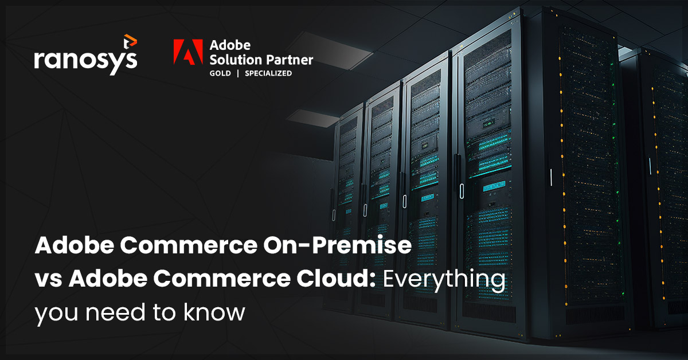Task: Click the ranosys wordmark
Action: [x=85, y=59]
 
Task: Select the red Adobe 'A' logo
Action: [x=186, y=58]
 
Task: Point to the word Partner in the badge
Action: [x=290, y=59]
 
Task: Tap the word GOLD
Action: [x=221, y=73]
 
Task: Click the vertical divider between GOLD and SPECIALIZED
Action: [x=239, y=73]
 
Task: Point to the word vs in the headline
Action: [x=48, y=280]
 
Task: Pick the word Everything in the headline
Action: [x=444, y=280]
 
